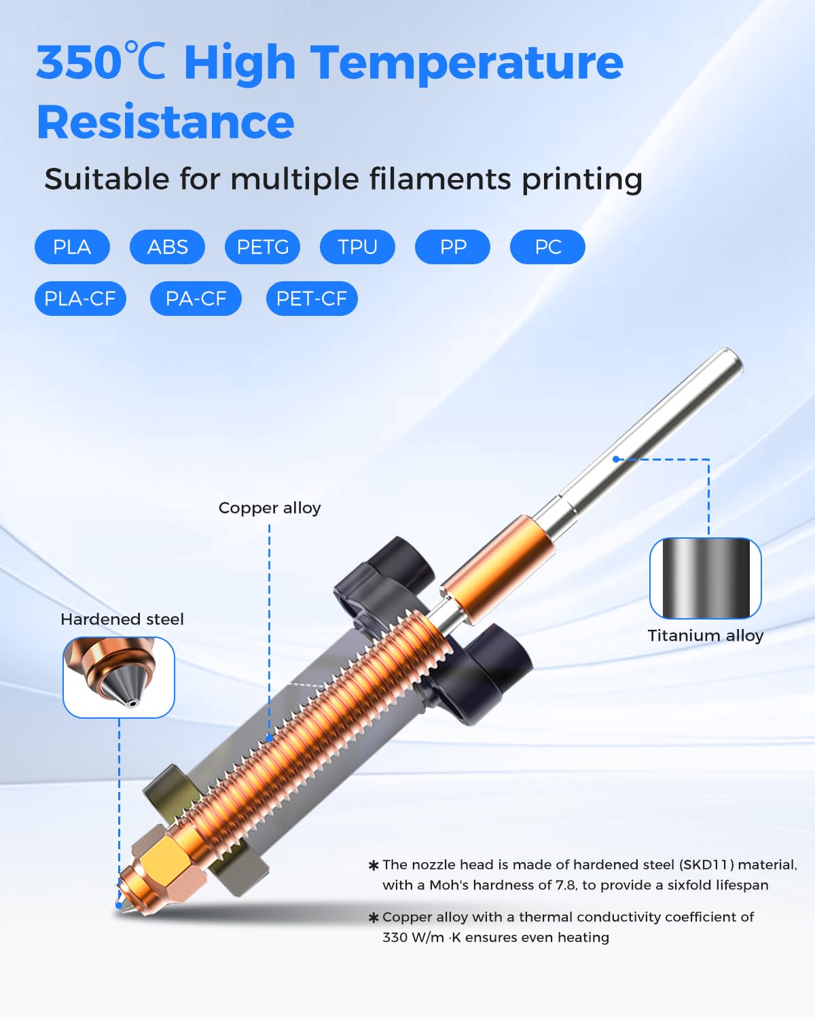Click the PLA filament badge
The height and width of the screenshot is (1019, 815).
pos(72,247)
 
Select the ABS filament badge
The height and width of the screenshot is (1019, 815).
pos(167,247)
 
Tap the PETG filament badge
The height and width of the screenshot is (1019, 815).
pos(262,247)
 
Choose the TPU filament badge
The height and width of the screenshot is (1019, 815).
pos(357,247)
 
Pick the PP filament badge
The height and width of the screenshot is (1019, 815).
pos(453,247)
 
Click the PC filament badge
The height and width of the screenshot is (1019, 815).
pos(548,247)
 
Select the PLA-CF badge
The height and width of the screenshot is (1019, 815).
pos(80,298)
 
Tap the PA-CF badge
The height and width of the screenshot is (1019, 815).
pos(196,298)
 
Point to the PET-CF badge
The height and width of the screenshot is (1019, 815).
pos(312,298)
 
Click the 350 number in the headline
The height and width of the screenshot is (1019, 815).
pos(79,62)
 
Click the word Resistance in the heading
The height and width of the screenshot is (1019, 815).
pos(165,122)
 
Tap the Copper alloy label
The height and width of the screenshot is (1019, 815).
pos(270,508)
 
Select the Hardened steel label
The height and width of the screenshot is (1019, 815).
pos(122,620)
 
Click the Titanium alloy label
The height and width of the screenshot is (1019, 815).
pos(706,635)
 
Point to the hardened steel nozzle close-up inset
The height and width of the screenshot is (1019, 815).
pos(119,677)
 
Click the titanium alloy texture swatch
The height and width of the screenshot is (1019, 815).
pos(706,578)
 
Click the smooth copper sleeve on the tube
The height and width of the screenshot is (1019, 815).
pos(497,568)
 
